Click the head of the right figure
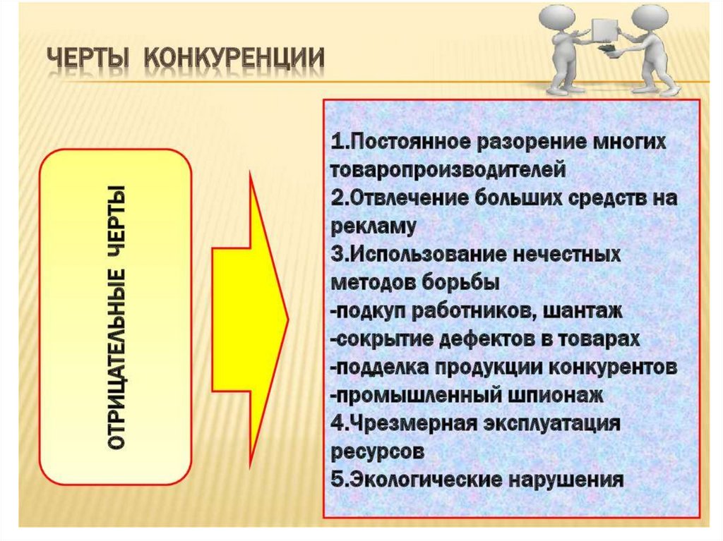647,16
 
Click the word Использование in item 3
416,254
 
